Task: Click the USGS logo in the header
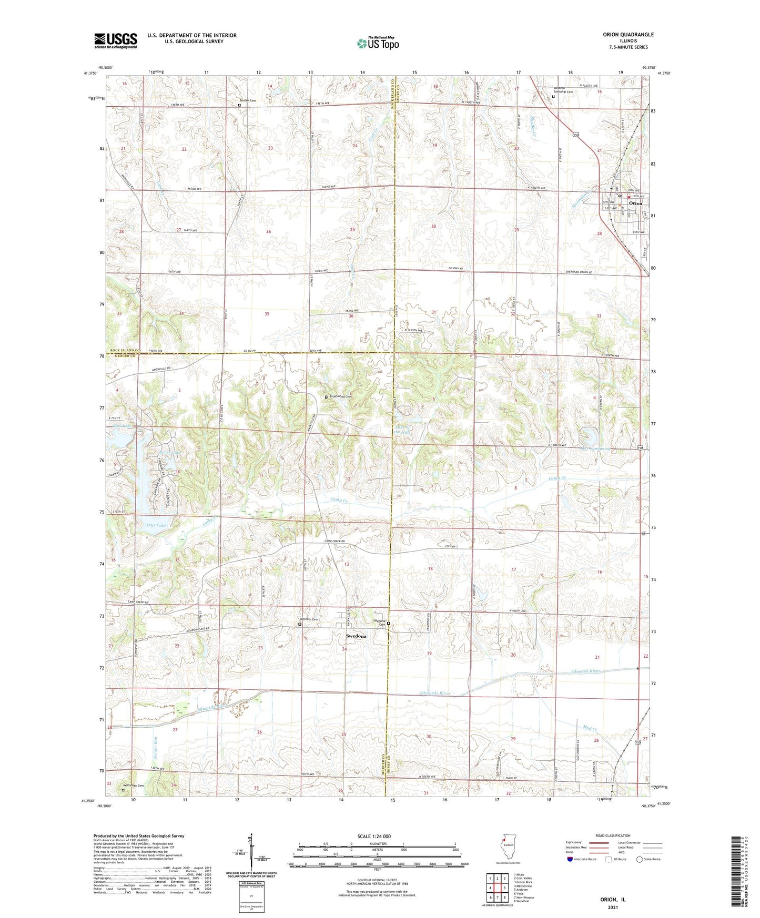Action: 115,40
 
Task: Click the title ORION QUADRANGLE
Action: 628,35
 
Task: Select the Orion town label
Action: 635,203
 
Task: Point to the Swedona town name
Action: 356,636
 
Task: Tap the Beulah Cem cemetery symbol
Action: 239,105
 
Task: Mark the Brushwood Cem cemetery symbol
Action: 326,397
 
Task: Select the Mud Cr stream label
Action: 591,728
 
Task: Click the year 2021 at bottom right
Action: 613,907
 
